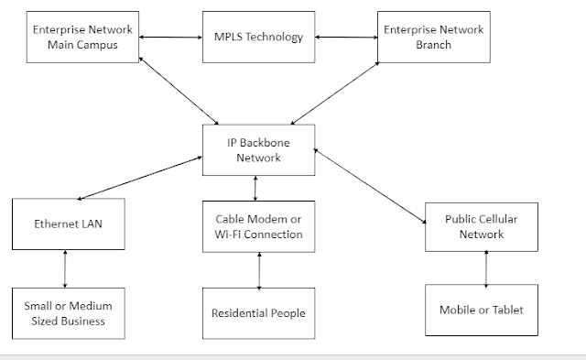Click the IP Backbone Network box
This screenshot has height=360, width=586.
[257, 149]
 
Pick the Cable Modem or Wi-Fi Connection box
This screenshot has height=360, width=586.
[259, 226]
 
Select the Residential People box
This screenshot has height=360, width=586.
[259, 312]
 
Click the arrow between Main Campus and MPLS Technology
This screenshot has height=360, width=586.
[169, 38]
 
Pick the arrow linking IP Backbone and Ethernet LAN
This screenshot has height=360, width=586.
[139, 177]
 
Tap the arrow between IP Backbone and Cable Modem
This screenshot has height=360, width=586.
[255, 188]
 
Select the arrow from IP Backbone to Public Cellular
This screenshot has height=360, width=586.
[370, 184]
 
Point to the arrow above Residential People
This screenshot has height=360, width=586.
[260, 269]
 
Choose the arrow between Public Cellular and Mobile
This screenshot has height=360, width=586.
[485, 267]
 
